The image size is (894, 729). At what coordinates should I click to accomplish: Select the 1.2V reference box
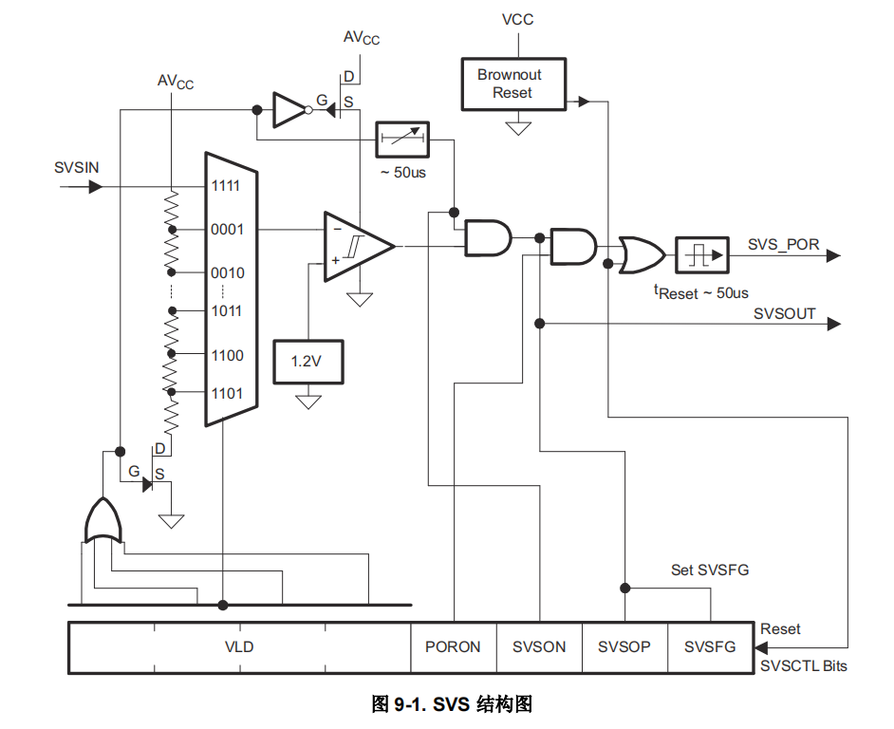click(x=307, y=362)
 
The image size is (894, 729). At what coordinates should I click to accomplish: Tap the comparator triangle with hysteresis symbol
click(x=357, y=247)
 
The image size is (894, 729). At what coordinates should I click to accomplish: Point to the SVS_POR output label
click(x=783, y=244)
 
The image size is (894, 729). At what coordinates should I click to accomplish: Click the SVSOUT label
click(x=785, y=313)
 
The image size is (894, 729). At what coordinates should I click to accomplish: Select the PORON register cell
click(x=453, y=647)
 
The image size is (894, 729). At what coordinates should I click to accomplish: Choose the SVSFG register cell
click(x=710, y=647)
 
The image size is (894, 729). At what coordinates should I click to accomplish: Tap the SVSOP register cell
click(x=624, y=647)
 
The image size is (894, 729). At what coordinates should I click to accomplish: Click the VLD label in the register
click(x=239, y=647)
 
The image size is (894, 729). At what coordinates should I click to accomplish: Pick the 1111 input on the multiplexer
click(x=226, y=186)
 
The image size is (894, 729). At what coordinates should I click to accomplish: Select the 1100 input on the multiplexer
click(x=227, y=355)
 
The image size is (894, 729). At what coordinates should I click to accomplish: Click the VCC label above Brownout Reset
click(x=518, y=19)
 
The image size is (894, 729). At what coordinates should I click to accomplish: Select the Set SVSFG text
click(x=710, y=570)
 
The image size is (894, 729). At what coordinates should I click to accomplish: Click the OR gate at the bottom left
click(x=102, y=521)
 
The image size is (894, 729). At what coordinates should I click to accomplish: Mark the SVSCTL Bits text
click(x=804, y=666)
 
